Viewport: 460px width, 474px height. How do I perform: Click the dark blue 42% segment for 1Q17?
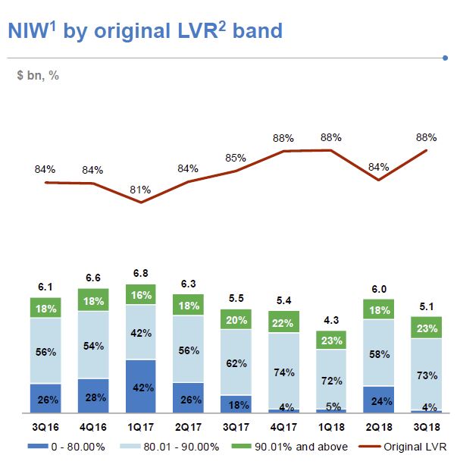pyautogui.click(x=140, y=385)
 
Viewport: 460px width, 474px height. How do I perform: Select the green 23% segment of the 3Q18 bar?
pyautogui.click(x=426, y=328)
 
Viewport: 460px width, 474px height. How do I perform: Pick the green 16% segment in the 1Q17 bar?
pyautogui.click(x=140, y=294)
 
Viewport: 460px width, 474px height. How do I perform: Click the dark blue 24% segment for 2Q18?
pyautogui.click(x=379, y=399)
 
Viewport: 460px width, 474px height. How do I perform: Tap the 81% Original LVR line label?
pyautogui.click(x=140, y=190)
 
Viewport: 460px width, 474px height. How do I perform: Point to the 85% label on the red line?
pyautogui.click(x=236, y=158)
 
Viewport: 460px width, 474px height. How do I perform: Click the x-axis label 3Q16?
pyautogui.click(x=45, y=425)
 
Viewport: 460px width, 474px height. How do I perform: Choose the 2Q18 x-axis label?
pyautogui.click(x=379, y=425)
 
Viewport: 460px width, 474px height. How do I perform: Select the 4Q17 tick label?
pyautogui.click(x=283, y=425)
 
